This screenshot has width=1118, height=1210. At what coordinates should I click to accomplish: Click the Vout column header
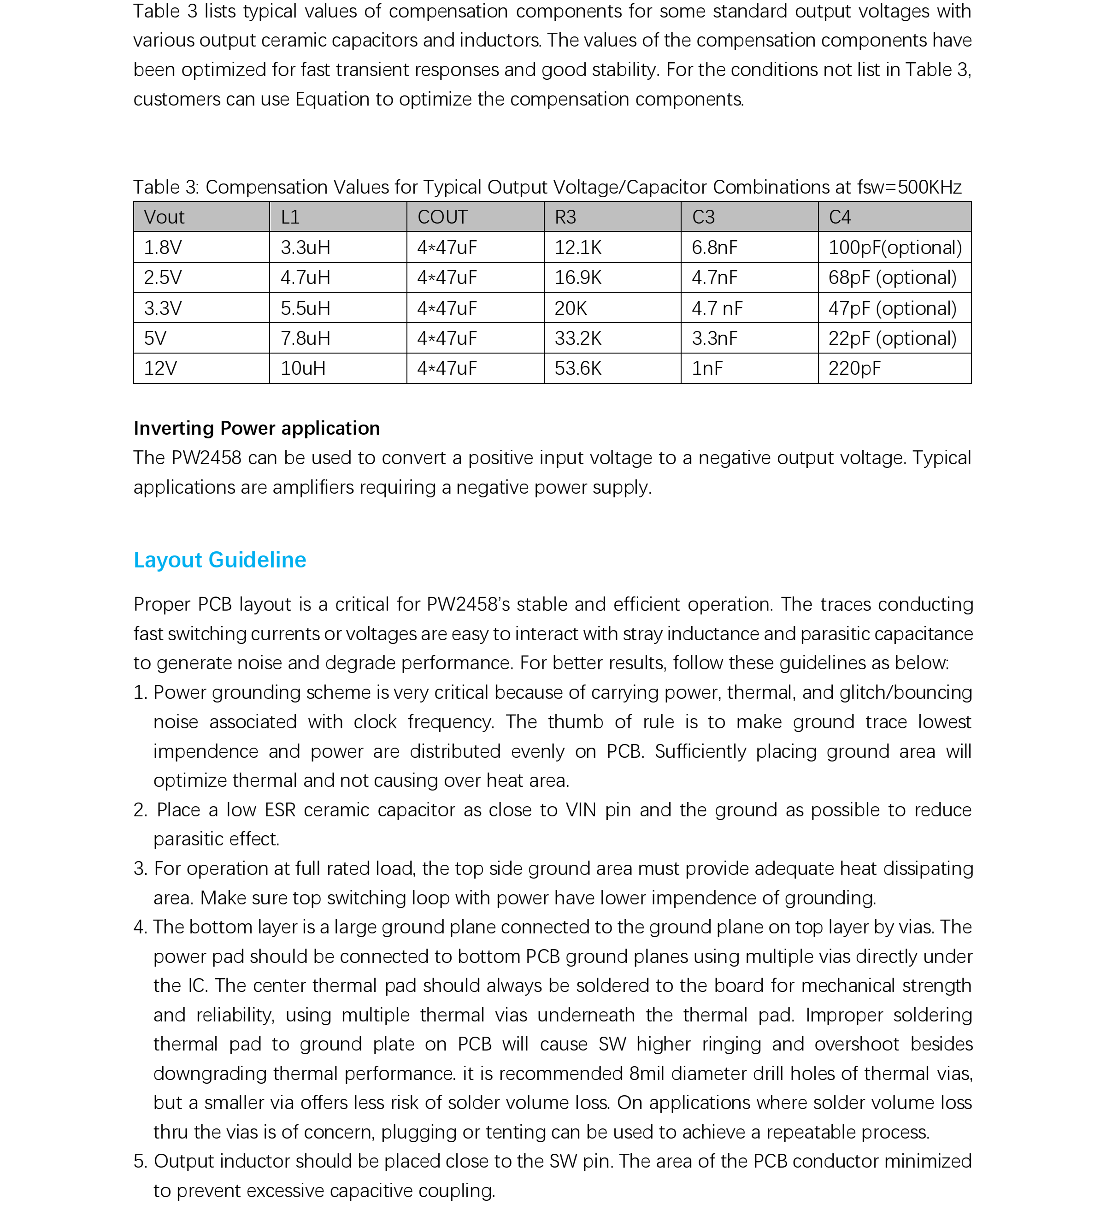(164, 217)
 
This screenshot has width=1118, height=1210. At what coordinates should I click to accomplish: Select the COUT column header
(442, 217)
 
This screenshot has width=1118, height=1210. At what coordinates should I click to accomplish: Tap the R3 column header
(565, 217)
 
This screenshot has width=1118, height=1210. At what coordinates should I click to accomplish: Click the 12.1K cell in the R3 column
(578, 248)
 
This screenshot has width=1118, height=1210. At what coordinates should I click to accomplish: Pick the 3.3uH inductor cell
(305, 248)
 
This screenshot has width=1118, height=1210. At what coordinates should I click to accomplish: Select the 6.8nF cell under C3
(714, 248)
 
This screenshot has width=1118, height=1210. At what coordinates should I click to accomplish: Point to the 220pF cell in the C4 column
(854, 368)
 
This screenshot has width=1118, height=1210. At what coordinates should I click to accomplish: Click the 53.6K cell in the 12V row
(578, 368)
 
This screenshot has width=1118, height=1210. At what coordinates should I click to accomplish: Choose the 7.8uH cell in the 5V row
(305, 338)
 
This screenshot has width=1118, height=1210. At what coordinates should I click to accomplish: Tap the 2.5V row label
(162, 277)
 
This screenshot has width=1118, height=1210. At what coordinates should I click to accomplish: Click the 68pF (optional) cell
(892, 277)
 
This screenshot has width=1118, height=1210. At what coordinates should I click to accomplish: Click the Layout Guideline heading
(220, 560)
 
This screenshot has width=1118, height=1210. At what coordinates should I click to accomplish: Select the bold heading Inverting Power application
(257, 428)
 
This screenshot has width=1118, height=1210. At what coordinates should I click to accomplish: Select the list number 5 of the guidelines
(140, 1161)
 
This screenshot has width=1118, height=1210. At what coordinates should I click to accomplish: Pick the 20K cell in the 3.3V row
(571, 308)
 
